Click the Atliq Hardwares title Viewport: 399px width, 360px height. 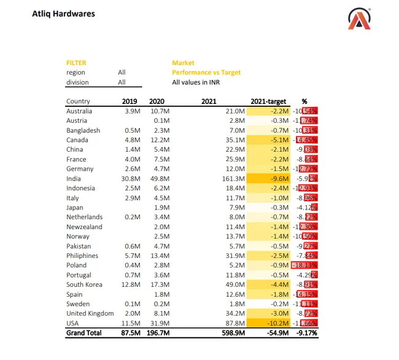click(x=63, y=14)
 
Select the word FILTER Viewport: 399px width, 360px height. click(x=76, y=63)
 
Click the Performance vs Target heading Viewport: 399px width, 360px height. click(x=206, y=72)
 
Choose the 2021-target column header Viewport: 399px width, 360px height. click(x=268, y=101)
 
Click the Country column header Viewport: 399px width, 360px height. click(x=78, y=101)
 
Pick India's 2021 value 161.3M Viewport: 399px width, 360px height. click(x=233, y=179)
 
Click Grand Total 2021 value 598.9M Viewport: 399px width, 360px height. click(x=231, y=333)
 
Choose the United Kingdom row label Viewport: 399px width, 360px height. click(x=90, y=313)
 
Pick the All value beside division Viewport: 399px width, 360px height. click(x=122, y=82)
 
